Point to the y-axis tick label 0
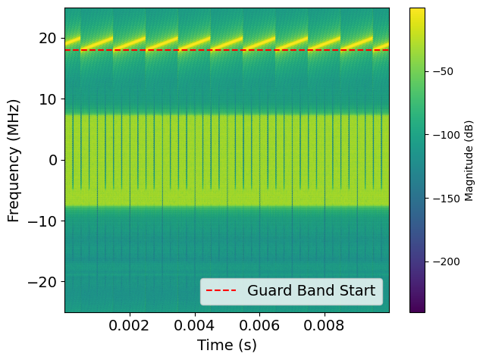[54, 160]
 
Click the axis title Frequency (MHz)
[14, 160]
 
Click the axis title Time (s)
[227, 346]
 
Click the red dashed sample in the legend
[221, 291]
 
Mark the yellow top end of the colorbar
[417, 11]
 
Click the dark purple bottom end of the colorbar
[417, 309]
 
